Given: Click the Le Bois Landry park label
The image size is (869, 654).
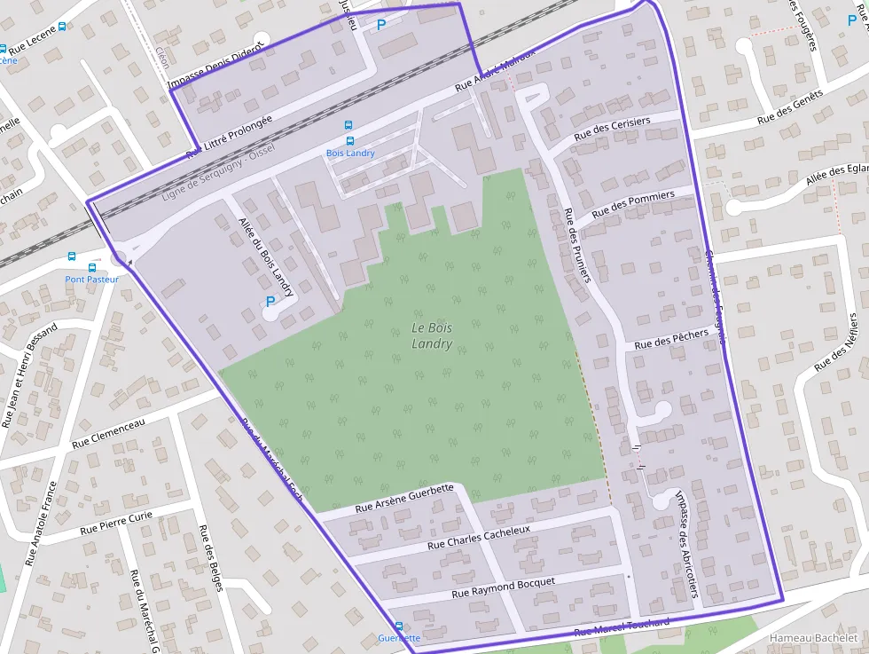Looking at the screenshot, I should tap(432, 335).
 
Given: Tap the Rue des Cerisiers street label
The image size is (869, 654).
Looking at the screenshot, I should tap(612, 129).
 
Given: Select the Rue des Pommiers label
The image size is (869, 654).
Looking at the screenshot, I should tap(632, 203).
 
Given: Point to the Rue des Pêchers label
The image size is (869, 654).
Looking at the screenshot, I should tap(671, 338).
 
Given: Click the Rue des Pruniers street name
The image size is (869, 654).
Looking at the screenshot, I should tap(577, 246).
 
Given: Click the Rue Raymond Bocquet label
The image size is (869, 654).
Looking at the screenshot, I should tap(503, 587).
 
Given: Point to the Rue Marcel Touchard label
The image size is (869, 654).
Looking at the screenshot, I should tap(622, 626).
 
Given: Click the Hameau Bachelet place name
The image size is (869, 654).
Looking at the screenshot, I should tap(813, 638).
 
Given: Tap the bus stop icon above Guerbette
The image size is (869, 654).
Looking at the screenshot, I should tap(398, 626).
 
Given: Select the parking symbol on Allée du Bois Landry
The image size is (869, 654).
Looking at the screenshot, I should tap(270, 302).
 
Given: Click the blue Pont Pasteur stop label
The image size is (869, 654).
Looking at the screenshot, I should tap(91, 279).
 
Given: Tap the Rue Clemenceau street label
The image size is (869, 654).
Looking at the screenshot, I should tap(108, 431).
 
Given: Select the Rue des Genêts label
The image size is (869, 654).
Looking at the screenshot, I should tap(790, 106).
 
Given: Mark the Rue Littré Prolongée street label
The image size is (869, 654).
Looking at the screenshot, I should tap(229, 138).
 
